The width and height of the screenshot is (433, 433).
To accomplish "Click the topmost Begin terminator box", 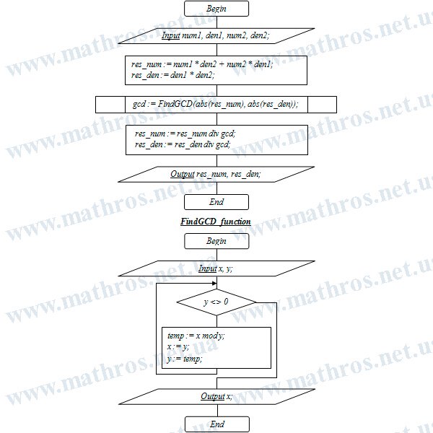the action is click(x=216, y=9).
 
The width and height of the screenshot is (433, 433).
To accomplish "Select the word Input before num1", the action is click(x=170, y=35).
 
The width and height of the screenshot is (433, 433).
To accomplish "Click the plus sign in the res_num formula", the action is click(x=222, y=64).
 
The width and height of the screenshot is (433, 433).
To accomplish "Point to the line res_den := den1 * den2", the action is click(x=173, y=75).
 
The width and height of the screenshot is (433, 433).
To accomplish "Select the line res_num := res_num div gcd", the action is click(x=185, y=134).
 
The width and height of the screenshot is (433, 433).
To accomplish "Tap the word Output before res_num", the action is click(x=183, y=174).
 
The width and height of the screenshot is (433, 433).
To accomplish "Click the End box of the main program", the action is click(x=216, y=202).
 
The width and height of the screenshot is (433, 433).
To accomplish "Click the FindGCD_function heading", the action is click(x=216, y=222).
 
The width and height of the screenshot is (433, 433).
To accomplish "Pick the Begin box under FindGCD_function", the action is click(x=216, y=241).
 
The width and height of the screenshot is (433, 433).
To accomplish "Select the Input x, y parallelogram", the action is click(x=216, y=268).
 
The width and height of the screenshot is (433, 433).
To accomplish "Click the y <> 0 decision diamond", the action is click(x=216, y=302).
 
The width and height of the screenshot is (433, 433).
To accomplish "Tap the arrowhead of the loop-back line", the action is click(x=214, y=284).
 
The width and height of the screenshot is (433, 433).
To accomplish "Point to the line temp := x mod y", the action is click(x=196, y=336).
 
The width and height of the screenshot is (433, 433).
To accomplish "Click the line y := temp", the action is click(x=185, y=359).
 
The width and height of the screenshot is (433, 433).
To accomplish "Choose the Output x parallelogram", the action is click(x=216, y=396).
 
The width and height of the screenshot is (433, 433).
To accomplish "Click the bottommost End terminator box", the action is click(x=217, y=424).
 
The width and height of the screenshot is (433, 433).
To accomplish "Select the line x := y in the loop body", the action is click(x=178, y=347).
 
